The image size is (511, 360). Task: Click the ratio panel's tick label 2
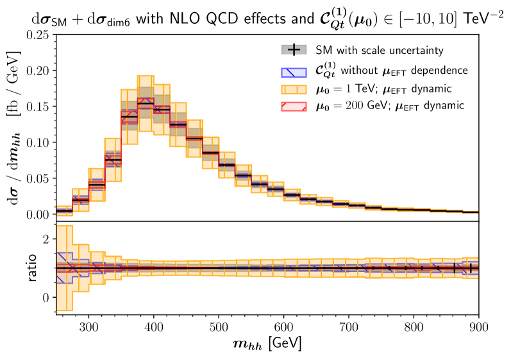(46, 239)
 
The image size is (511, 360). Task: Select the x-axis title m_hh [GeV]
(267, 343)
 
